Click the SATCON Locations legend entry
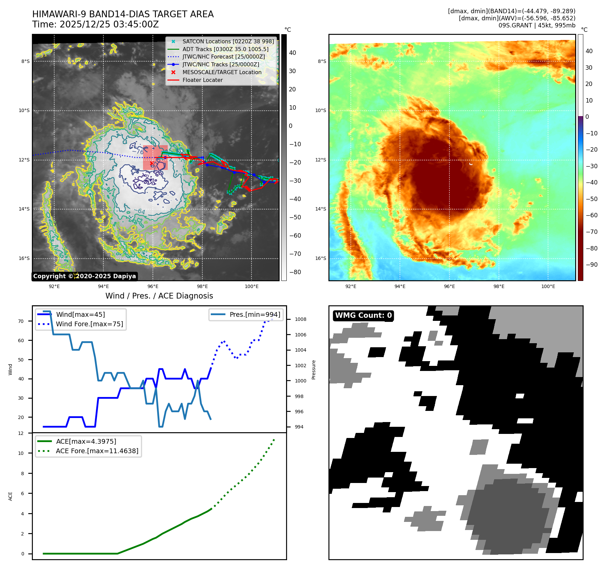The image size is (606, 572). click(x=228, y=41)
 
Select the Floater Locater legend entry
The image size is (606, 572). click(x=202, y=80)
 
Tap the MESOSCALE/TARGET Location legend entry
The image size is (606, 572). click(x=222, y=72)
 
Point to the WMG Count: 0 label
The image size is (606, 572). click(x=363, y=315)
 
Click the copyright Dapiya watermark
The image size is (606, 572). click(x=84, y=276)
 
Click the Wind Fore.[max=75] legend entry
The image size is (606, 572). click(x=89, y=324)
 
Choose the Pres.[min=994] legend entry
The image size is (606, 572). click(x=255, y=314)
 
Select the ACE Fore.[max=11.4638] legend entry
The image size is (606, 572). click(x=97, y=451)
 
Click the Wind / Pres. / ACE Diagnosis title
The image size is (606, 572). click(x=159, y=296)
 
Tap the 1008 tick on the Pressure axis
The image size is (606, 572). click(x=300, y=319)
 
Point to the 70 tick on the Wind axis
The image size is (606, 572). click(x=21, y=321)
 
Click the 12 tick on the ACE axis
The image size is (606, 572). click(x=21, y=433)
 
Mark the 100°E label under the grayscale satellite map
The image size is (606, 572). click(x=251, y=286)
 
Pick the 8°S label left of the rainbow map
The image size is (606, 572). click(x=322, y=61)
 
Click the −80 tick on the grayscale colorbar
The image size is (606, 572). click(x=295, y=272)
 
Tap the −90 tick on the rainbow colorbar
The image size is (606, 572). click(x=591, y=265)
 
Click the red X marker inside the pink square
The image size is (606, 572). click(x=151, y=163)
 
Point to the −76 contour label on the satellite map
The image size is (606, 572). click(x=138, y=152)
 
